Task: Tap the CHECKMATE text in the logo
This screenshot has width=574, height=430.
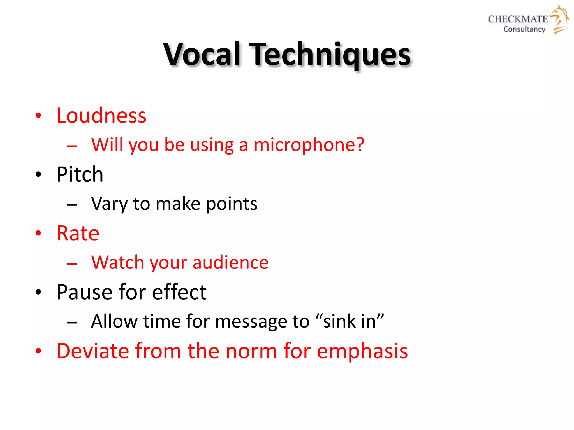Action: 518,19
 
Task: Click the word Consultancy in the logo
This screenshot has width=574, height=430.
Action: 524,29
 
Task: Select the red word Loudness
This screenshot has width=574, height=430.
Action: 101,115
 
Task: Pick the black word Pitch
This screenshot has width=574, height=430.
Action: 80,174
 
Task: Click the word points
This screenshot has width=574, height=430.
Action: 232,204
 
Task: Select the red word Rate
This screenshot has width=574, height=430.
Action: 78,233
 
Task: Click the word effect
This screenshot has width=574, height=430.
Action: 179,292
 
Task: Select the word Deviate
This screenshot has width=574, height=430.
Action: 93,351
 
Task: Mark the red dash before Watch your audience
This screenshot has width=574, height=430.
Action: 72,263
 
